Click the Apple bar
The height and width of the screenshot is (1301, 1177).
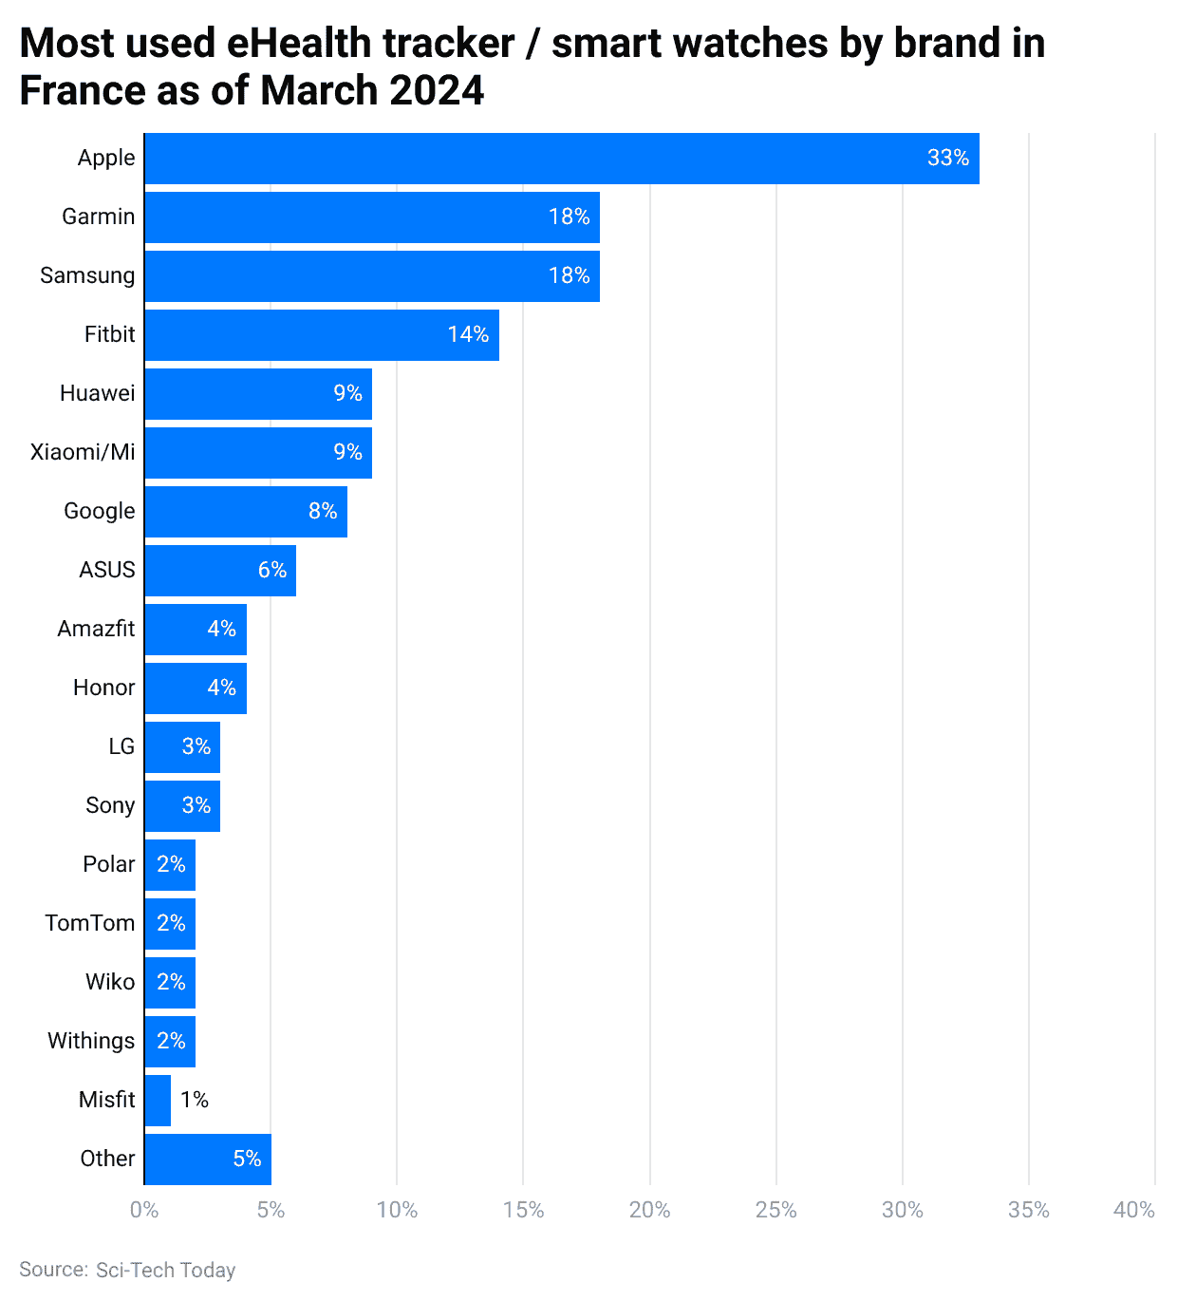[x=560, y=159]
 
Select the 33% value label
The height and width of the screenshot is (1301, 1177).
[x=947, y=159]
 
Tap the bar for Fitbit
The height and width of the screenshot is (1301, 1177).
[x=321, y=334]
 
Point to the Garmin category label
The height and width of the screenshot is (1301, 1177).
[x=99, y=217]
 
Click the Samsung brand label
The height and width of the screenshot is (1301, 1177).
[x=87, y=275]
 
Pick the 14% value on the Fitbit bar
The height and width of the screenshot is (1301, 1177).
[x=468, y=334]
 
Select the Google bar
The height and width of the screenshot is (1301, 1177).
[x=245, y=511]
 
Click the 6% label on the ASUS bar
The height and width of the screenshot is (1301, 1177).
[x=272, y=570]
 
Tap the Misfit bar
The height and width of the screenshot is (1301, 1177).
[x=158, y=1100]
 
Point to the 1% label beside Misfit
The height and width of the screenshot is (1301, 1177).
[x=195, y=1100]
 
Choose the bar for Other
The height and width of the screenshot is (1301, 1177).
[x=207, y=1159]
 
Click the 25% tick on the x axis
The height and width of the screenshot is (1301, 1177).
[x=776, y=1210]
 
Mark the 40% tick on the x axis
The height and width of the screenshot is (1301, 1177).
[x=1134, y=1210]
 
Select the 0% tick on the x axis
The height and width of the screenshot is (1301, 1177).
[x=144, y=1210]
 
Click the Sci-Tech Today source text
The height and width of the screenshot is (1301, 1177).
[x=165, y=1271]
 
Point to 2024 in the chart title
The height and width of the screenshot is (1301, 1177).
[x=437, y=91]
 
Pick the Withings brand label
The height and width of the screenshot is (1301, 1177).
[x=91, y=1041]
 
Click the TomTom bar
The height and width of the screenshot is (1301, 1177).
[x=170, y=923]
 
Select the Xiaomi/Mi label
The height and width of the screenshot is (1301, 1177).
[x=83, y=452]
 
